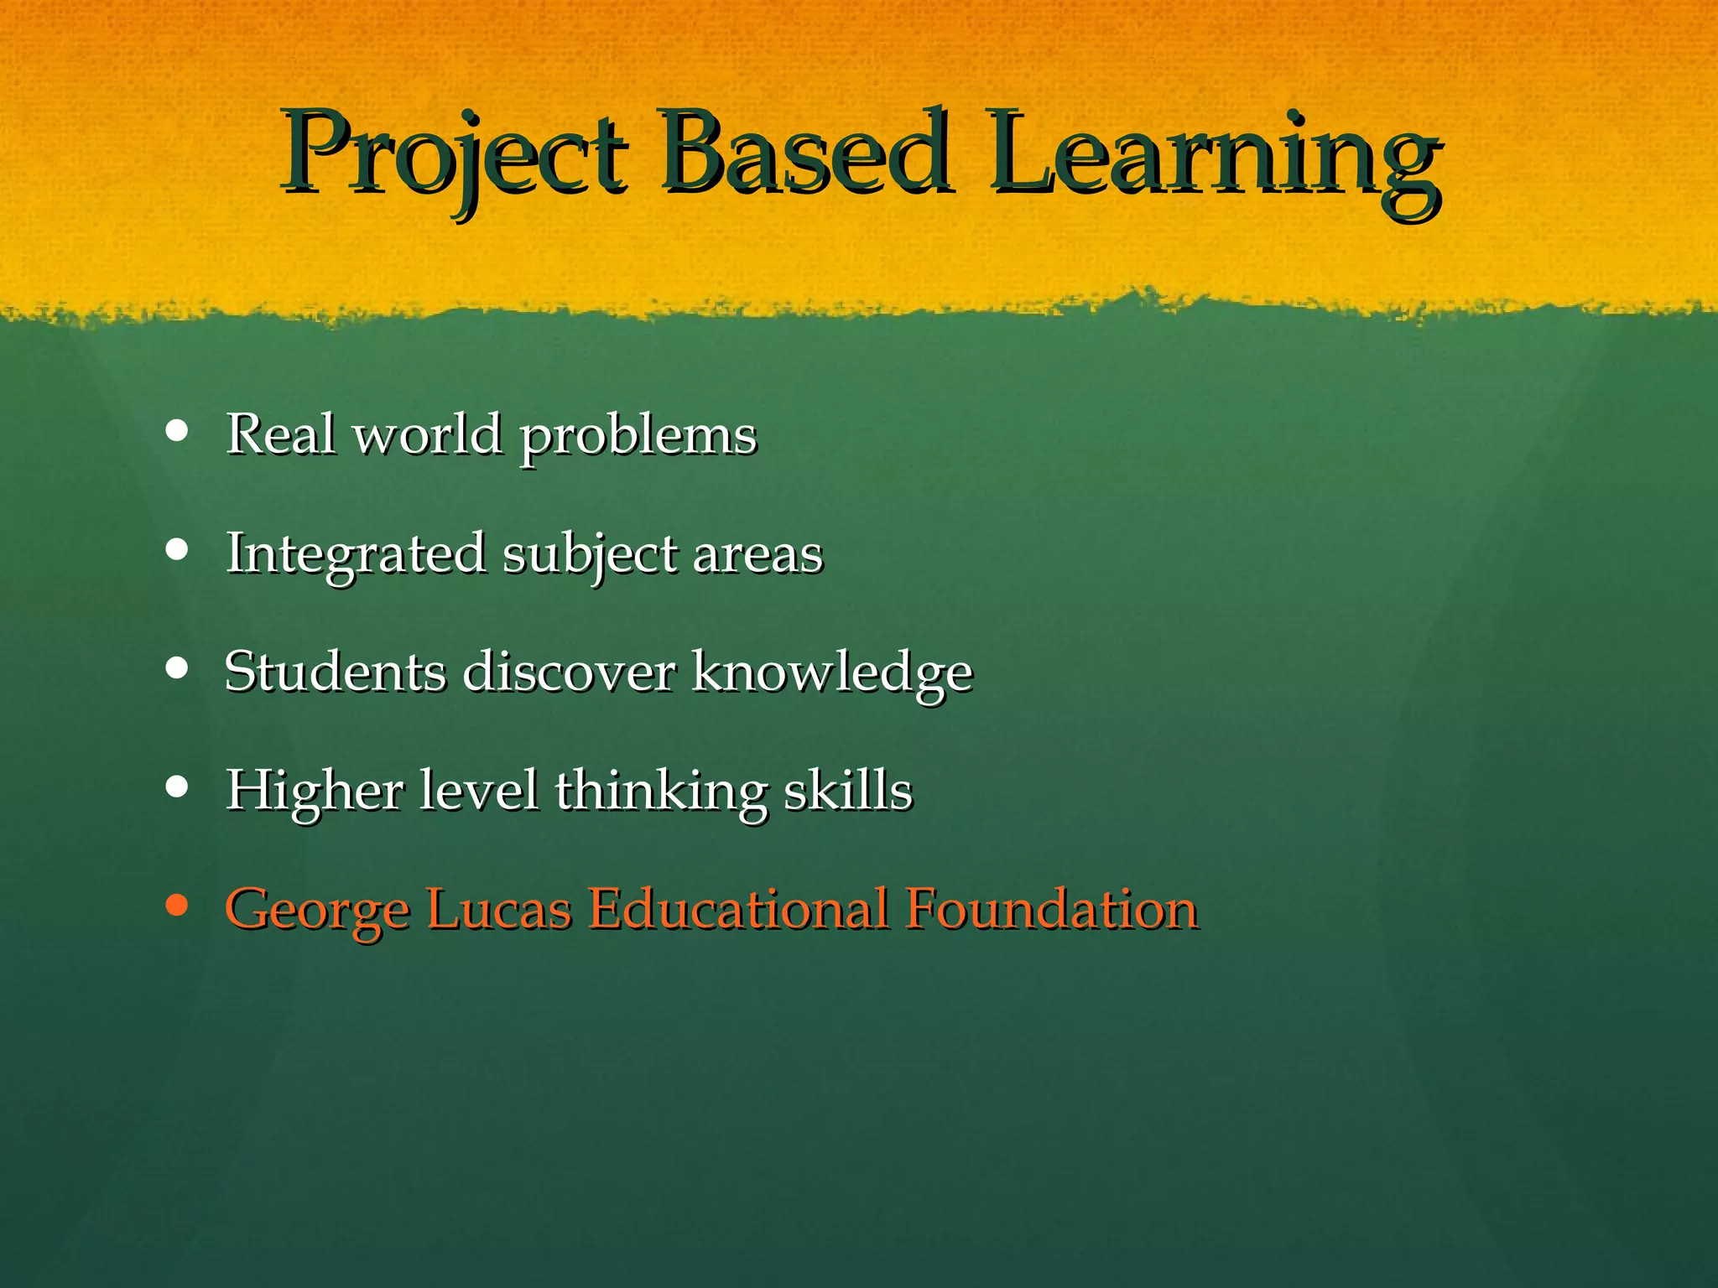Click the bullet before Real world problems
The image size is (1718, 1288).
point(177,431)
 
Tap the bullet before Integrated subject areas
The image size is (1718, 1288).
point(177,550)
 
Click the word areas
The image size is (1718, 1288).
point(758,555)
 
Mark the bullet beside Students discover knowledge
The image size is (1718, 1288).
point(177,668)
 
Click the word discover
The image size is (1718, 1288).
point(570,672)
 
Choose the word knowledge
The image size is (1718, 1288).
point(832,673)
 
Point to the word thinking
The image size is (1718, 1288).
point(661,792)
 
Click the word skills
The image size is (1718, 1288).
point(848,790)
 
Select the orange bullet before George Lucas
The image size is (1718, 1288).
point(177,906)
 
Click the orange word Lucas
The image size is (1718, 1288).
point(499,909)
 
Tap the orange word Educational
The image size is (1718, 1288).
point(737,909)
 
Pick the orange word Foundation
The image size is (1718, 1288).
point(1052,909)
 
